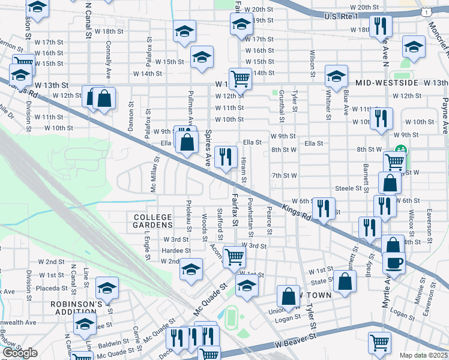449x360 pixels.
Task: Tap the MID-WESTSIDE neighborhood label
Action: (387, 82)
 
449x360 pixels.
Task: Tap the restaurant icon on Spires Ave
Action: (225, 158)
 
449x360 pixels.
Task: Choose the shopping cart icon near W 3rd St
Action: (234, 256)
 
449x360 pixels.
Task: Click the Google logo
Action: (20, 353)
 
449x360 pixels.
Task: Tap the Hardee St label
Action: (176, 250)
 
